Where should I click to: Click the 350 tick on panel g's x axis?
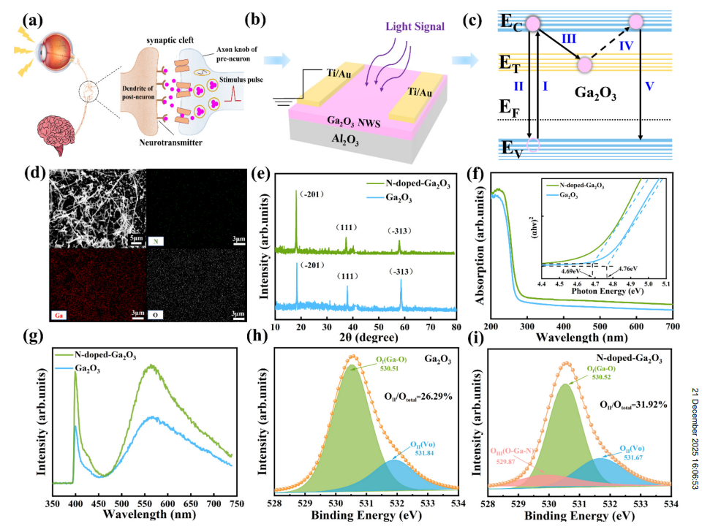click(x=52, y=503)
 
